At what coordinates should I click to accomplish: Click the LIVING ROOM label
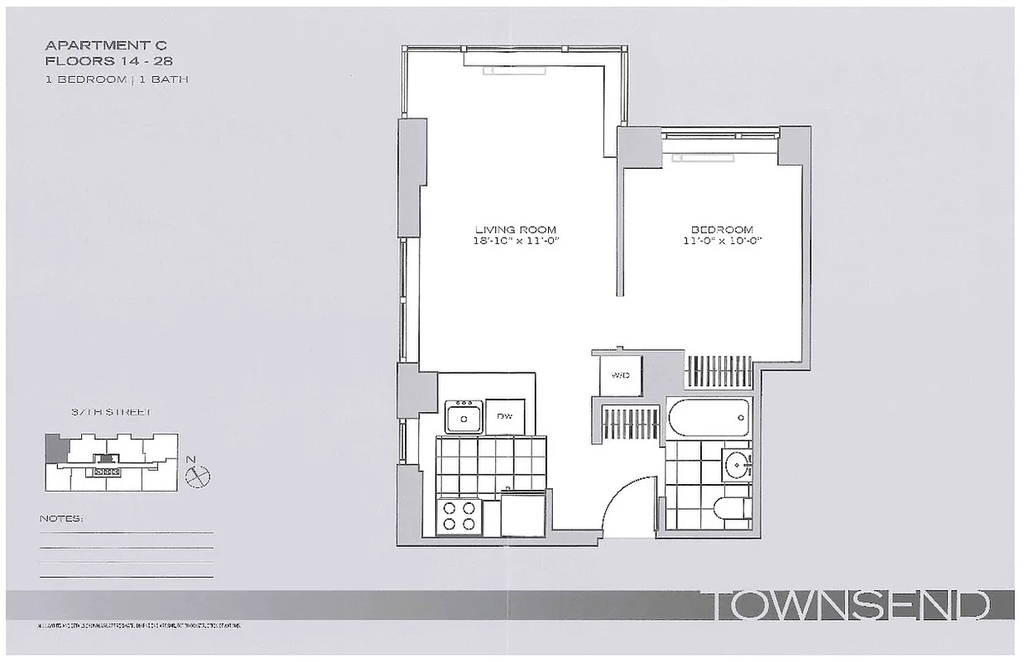point(515,229)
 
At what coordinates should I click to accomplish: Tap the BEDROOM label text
point(722,229)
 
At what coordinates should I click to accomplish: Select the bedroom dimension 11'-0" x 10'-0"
point(722,241)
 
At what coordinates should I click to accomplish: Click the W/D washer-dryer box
point(621,376)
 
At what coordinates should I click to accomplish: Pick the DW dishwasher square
point(503,416)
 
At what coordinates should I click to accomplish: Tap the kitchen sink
point(464,416)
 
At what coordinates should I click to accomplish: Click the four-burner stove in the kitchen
point(460,516)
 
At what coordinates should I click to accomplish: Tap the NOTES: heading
point(61,519)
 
